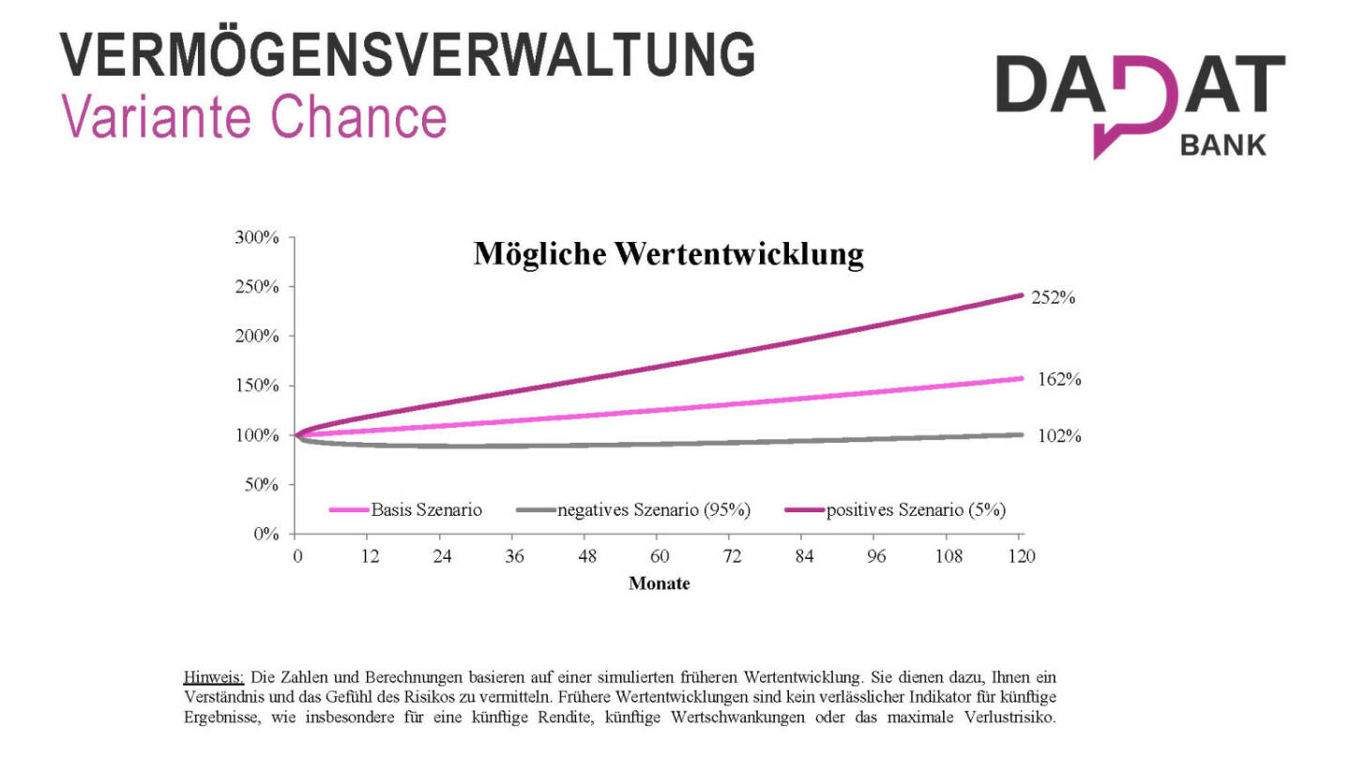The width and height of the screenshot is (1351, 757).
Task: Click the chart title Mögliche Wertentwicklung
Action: [668, 254]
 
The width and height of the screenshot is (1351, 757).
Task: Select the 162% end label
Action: [1060, 380]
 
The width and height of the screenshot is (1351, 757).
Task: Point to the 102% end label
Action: [1059, 436]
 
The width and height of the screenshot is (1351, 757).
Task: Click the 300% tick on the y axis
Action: [257, 237]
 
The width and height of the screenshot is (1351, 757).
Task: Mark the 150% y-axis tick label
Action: [257, 386]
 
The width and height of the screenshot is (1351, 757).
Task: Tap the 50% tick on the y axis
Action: [261, 485]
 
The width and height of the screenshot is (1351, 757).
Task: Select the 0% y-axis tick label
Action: [266, 535]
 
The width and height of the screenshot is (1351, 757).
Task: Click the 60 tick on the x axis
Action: [660, 556]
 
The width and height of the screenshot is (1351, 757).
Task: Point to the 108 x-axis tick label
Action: [949, 556]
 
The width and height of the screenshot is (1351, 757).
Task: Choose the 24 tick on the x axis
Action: [442, 556]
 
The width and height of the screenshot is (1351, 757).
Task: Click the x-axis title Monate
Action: [659, 583]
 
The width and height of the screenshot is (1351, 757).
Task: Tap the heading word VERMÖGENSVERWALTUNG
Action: [408, 55]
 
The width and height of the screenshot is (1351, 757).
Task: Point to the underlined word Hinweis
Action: [214, 676]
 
